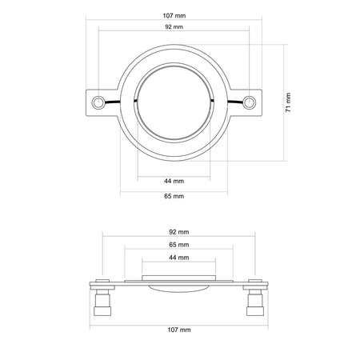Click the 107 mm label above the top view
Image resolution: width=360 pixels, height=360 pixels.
(174, 16)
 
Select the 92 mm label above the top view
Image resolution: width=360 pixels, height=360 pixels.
(174, 27)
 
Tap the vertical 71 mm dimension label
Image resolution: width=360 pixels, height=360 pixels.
(288, 102)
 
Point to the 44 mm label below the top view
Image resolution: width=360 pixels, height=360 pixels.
(174, 181)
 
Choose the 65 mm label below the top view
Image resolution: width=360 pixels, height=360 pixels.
(174, 196)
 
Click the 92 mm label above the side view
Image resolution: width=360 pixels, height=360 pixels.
(179, 232)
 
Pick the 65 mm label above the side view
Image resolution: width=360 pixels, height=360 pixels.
(179, 245)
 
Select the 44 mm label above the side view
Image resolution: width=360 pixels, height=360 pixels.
(179, 258)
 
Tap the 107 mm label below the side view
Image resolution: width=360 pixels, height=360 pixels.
(179, 330)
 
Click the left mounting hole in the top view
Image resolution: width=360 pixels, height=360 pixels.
(98, 102)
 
